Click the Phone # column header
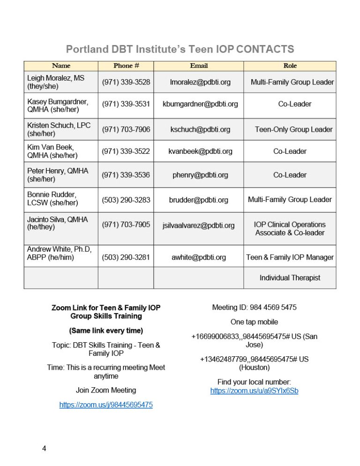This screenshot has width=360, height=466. [x=126, y=66]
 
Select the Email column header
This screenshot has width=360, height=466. [x=199, y=66]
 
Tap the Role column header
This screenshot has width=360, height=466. [x=290, y=66]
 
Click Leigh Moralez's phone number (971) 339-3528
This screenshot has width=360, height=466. [x=126, y=82]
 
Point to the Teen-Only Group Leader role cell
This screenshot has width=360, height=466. [x=293, y=129]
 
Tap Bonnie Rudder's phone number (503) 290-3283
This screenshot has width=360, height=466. [x=126, y=200]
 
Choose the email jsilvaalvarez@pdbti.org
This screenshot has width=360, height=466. [x=199, y=225]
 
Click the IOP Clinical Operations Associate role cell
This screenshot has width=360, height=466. [x=290, y=229]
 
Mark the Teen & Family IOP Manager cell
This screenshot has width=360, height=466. [x=290, y=257]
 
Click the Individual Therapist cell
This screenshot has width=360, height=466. [x=290, y=278]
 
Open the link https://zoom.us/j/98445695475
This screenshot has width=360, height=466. [x=106, y=405]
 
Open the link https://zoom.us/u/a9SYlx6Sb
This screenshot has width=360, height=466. [x=254, y=391]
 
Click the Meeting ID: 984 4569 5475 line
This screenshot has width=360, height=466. [x=254, y=308]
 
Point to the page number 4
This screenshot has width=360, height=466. [x=44, y=449]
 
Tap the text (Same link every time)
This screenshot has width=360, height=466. [x=106, y=331]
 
